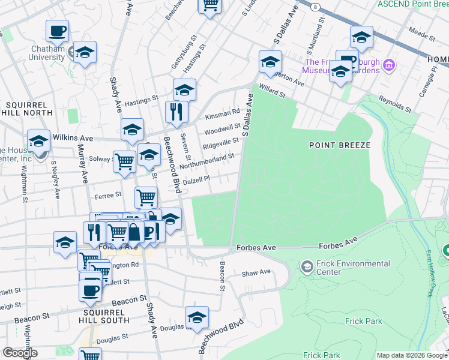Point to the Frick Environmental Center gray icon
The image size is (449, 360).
307,266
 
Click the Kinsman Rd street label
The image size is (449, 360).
222,112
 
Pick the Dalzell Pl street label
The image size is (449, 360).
196,179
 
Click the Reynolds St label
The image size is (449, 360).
394,104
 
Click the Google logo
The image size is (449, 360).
20,353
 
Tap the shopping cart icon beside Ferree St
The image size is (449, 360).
146,196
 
